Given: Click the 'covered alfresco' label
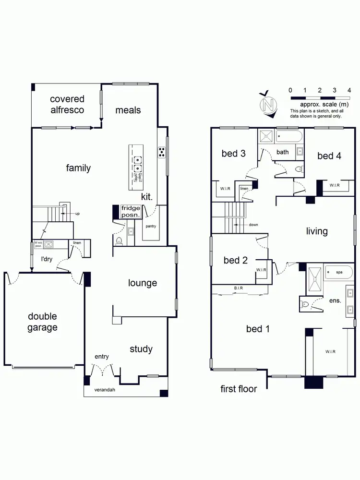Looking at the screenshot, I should pyautogui.click(x=67, y=105).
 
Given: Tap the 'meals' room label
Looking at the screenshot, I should pyautogui.click(x=128, y=110).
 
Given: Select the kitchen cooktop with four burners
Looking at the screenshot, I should pyautogui.click(x=162, y=152).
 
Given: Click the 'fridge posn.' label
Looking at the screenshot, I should pyautogui.click(x=131, y=212).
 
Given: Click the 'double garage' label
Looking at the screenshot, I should pyautogui.click(x=42, y=322).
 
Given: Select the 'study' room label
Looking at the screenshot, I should pyautogui.click(x=141, y=349).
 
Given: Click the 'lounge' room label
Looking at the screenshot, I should pyautogui.click(x=143, y=283).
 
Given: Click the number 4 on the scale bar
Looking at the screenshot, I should pyautogui.click(x=349, y=90).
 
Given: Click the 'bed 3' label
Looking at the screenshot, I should pyautogui.click(x=233, y=154).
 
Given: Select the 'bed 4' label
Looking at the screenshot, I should pyautogui.click(x=329, y=156).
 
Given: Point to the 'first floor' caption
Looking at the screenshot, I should pyautogui.click(x=239, y=389).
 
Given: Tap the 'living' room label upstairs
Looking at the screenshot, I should pyautogui.click(x=317, y=231).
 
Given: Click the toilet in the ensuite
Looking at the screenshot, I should pyautogui.click(x=305, y=303).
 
